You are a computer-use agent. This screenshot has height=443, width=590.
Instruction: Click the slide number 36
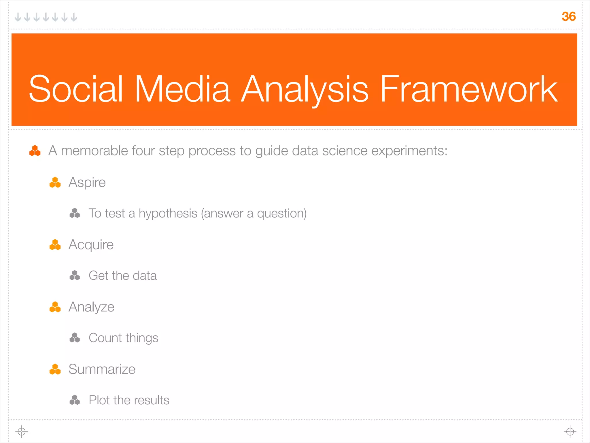click(x=568, y=16)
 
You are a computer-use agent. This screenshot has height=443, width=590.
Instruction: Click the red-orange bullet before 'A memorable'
click(x=35, y=151)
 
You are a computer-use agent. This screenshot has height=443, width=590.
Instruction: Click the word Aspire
click(x=87, y=182)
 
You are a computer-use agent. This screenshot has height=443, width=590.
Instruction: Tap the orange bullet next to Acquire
click(x=55, y=245)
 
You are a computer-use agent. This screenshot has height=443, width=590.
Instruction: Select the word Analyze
click(x=91, y=307)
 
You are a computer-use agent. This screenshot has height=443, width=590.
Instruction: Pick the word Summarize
click(x=102, y=369)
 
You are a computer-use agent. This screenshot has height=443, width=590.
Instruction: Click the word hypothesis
click(x=168, y=214)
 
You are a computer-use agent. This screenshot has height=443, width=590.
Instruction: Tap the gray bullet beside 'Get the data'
click(x=75, y=275)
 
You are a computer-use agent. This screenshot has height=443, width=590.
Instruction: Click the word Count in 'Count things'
click(x=105, y=338)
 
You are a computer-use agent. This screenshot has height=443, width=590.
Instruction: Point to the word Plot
click(x=99, y=400)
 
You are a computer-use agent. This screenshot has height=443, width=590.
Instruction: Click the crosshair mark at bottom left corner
click(x=22, y=431)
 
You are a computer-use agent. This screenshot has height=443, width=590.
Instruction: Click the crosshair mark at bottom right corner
click(x=570, y=431)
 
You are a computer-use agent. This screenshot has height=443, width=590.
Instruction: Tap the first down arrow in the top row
click(x=18, y=17)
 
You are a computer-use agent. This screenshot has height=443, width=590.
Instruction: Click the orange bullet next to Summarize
click(x=55, y=369)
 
